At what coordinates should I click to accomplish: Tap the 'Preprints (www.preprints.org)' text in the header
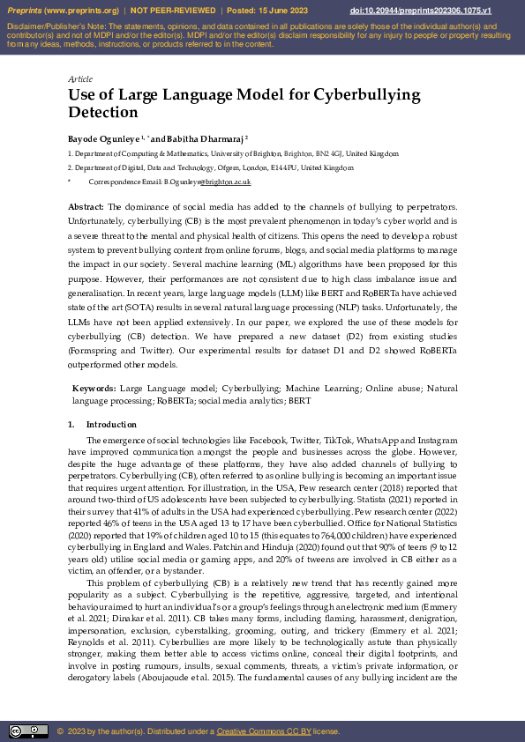[59, 11]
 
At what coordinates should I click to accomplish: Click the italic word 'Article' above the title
[80, 79]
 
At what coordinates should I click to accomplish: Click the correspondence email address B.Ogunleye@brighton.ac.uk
[207, 181]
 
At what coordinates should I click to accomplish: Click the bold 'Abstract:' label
[86, 205]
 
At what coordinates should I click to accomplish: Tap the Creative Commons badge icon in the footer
[28, 731]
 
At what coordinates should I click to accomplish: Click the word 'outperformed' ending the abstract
[98, 364]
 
